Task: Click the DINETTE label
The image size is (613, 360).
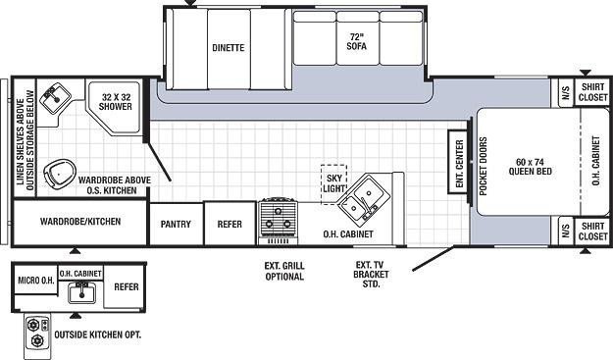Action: pyautogui.click(x=229, y=48)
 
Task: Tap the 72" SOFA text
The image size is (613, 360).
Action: pyautogui.click(x=357, y=41)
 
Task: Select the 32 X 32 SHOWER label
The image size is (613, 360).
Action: pyautogui.click(x=116, y=102)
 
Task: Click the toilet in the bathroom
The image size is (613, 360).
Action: pyautogui.click(x=59, y=173)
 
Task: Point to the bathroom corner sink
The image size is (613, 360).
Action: pyautogui.click(x=55, y=97)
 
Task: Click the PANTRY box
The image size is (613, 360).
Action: pyautogui.click(x=177, y=224)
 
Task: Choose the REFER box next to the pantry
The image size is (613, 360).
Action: pyautogui.click(x=230, y=224)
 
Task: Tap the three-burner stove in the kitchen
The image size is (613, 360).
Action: pyautogui.click(x=278, y=218)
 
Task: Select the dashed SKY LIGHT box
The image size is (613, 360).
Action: pyautogui.click(x=333, y=183)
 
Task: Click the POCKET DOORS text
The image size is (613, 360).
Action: pyautogui.click(x=484, y=166)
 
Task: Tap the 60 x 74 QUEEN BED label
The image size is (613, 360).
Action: pyautogui.click(x=530, y=167)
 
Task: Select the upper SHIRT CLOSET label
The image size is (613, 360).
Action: pyautogui.click(x=593, y=92)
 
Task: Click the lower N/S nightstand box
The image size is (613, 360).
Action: pyautogui.click(x=566, y=231)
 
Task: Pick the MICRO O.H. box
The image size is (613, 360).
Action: pyautogui.click(x=36, y=280)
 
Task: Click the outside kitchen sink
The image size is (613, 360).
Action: pyautogui.click(x=81, y=293)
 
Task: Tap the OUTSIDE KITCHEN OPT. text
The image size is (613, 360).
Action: pyautogui.click(x=97, y=334)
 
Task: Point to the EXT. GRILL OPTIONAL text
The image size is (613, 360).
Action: pyautogui.click(x=284, y=272)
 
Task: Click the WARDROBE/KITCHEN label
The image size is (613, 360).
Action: pyautogui.click(x=80, y=222)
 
